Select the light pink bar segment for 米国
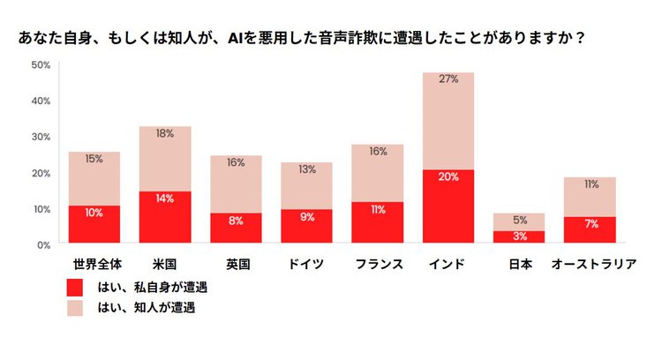(165, 159)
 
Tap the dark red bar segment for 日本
(519, 236)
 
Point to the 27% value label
(448, 79)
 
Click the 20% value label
(448, 176)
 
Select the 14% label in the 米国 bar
(165, 199)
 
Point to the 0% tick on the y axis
(43, 244)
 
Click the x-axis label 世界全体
(94, 264)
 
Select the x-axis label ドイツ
(306, 264)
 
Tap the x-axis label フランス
(378, 264)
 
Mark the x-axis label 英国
(236, 264)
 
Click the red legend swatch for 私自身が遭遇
(76, 288)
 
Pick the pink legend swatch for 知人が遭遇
(76, 308)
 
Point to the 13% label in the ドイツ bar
(306, 170)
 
